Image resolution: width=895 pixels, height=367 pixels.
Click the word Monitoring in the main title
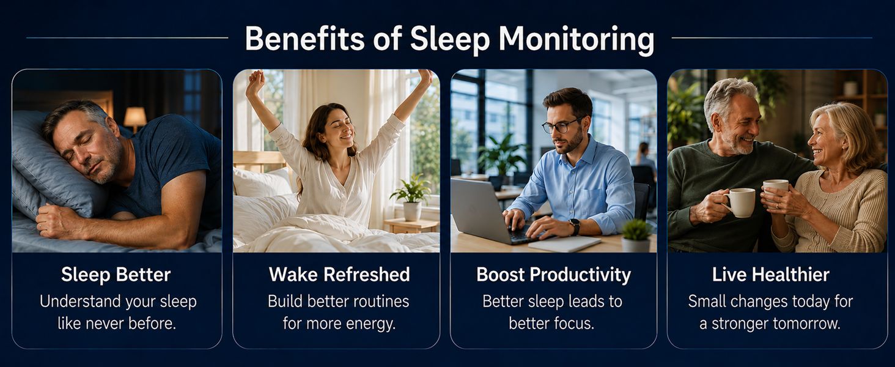click(x=576, y=40)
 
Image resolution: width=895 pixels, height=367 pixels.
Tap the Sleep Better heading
click(x=116, y=275)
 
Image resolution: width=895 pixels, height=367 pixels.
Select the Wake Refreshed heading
click(x=339, y=275)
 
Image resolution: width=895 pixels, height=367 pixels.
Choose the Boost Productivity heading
click(x=553, y=275)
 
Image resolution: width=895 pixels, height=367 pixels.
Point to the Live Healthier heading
click(x=771, y=275)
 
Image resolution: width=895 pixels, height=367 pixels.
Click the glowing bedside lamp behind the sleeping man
click(x=135, y=118)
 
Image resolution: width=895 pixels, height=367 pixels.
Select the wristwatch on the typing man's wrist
click(x=575, y=226)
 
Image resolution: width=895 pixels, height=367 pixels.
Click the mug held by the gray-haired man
click(x=739, y=202)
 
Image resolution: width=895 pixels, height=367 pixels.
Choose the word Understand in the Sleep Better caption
click(x=75, y=302)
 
